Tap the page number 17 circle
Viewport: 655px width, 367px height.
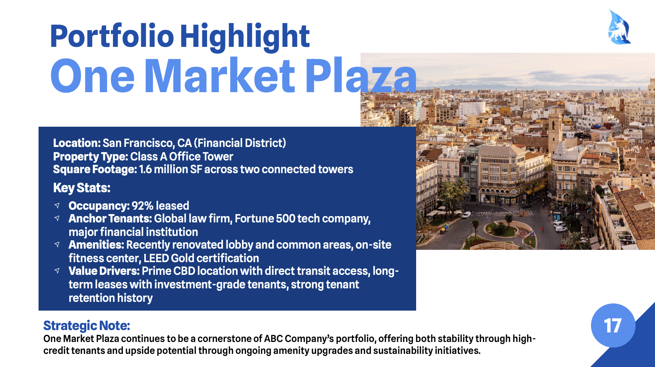point(613,325)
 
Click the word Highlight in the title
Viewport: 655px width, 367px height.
point(244,37)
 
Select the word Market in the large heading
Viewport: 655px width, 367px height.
point(219,76)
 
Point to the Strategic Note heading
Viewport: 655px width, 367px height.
point(87,326)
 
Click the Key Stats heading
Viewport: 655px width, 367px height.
point(81,187)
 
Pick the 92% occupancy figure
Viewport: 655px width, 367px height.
point(142,206)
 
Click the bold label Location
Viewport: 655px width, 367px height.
point(77,143)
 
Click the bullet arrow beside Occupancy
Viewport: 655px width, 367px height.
point(57,205)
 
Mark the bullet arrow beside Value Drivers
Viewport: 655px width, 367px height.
point(57,270)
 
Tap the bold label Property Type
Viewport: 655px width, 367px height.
point(91,156)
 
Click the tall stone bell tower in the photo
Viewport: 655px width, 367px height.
point(555,129)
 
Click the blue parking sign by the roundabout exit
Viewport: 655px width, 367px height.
point(532,233)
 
